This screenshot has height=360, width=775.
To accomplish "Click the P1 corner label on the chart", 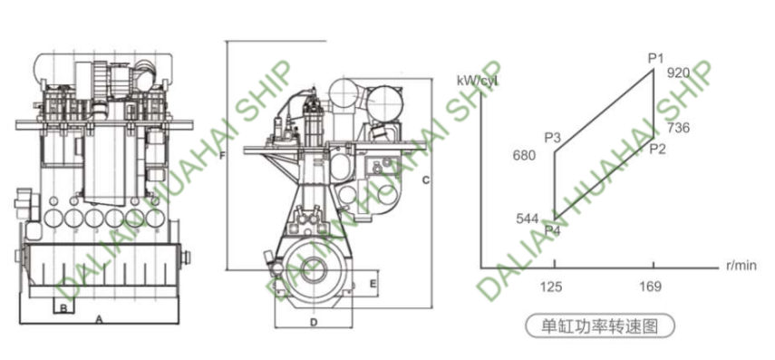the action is pos(655,59).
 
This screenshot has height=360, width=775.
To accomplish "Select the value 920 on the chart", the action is pos(678,73).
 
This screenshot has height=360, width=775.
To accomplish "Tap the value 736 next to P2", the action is pos(678,128).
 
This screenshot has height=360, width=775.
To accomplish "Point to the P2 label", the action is pos(657,149).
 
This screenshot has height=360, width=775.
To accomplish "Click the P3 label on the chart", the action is pos(553,138).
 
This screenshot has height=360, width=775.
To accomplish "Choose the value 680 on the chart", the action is pos(525,156).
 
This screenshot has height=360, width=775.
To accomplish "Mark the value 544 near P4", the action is pos(527,219).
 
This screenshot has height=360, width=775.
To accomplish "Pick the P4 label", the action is pos(553,230).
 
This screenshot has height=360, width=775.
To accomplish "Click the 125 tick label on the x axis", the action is pos(551,287).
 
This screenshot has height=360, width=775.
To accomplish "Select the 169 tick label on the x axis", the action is pos(651,287).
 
